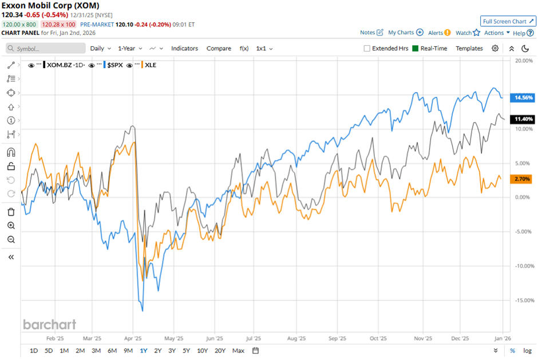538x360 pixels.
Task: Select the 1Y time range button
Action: [143, 351]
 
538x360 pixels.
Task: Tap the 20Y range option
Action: [220, 351]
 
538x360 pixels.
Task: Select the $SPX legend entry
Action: [118, 65]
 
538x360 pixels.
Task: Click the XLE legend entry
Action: [151, 65]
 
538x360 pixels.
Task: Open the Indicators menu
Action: [184, 49]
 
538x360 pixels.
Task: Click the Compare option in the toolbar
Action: [219, 49]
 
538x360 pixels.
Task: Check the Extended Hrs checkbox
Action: [367, 49]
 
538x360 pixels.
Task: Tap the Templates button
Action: [469, 49]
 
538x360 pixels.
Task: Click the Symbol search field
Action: [46, 49]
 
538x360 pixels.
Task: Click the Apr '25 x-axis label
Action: [133, 338]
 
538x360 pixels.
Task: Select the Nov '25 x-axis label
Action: [422, 338]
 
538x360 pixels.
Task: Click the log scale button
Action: [527, 351]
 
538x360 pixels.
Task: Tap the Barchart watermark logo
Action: [49, 325]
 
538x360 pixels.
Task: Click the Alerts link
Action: [439, 33]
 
